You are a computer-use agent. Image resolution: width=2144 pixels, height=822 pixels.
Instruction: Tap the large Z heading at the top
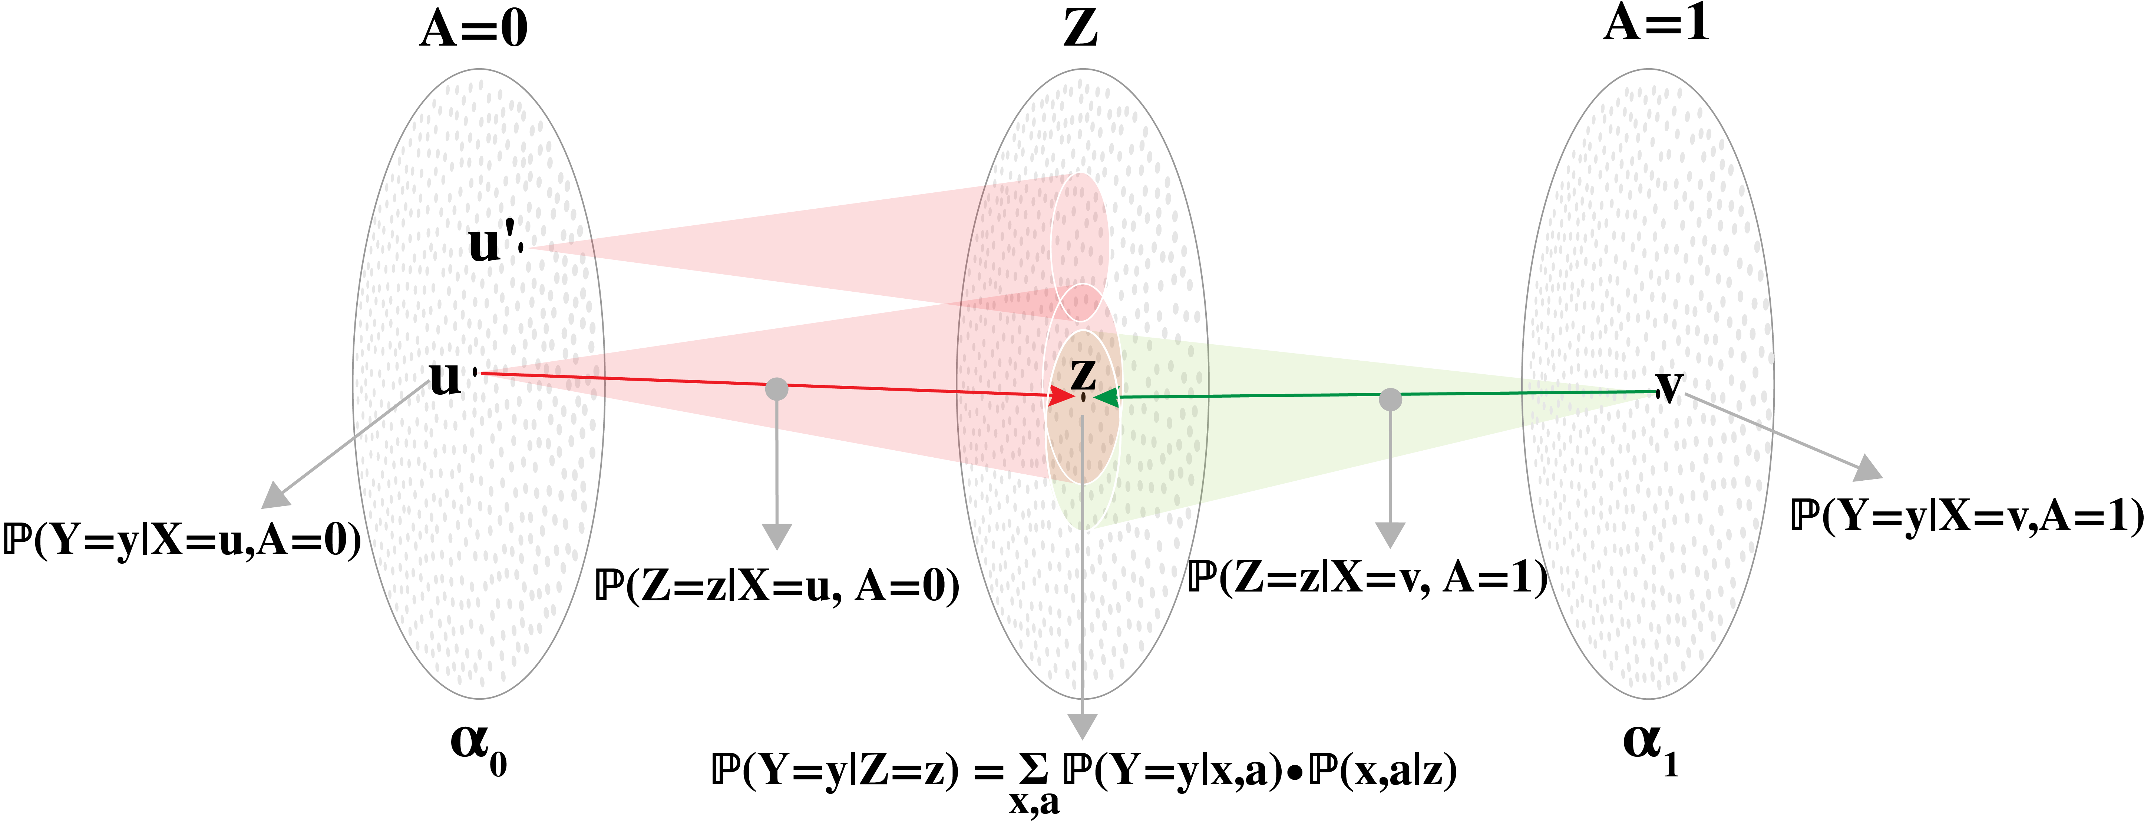coord(1080,29)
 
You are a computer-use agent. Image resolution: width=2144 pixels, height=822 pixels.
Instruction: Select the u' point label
coord(491,243)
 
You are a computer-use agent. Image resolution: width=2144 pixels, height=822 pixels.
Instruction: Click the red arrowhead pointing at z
coord(1061,396)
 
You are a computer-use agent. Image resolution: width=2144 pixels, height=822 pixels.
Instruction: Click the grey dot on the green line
coord(1390,400)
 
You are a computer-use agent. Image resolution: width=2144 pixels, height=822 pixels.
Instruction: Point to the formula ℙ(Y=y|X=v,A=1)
coord(1966,516)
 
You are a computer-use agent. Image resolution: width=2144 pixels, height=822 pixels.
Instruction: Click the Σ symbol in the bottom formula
coord(1033,770)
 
